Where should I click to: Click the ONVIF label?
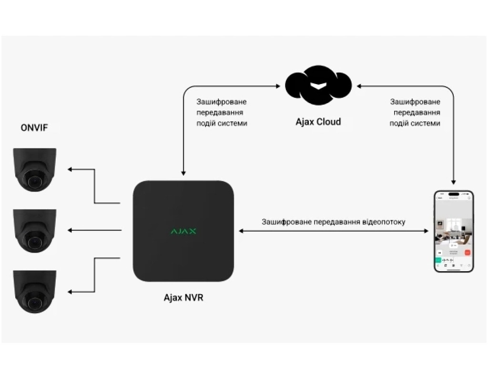34,128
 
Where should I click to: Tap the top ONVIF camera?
35,170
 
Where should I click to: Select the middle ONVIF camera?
35,231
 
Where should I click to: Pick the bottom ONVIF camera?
35,292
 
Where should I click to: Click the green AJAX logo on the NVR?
183,231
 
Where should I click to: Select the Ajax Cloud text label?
318,122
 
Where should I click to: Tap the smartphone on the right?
454,231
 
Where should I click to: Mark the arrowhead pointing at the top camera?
70,170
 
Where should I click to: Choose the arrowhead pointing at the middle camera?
70,231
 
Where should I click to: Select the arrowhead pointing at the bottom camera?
70,291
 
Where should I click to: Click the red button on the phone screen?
468,252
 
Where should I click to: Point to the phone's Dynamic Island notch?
454,194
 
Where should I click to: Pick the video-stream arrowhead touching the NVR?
241,231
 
